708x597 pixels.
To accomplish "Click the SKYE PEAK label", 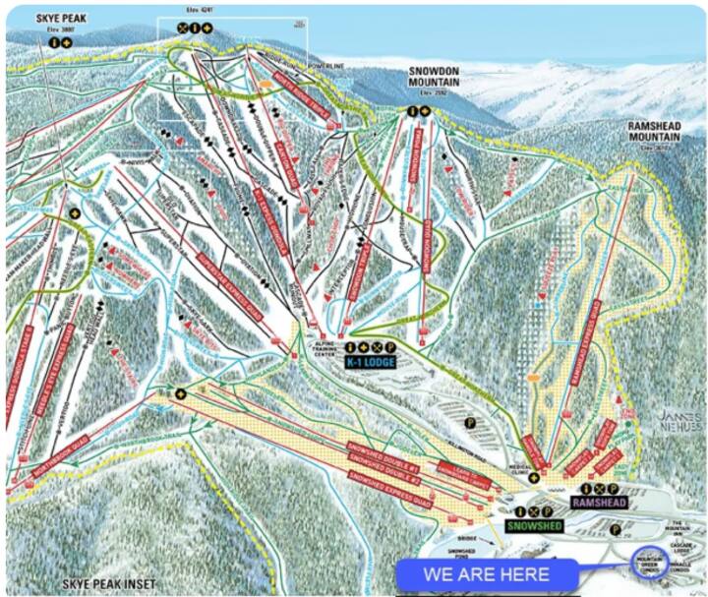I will (60, 18).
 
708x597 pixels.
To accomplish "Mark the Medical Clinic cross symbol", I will (533, 478).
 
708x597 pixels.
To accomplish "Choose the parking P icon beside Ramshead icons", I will (616, 488).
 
